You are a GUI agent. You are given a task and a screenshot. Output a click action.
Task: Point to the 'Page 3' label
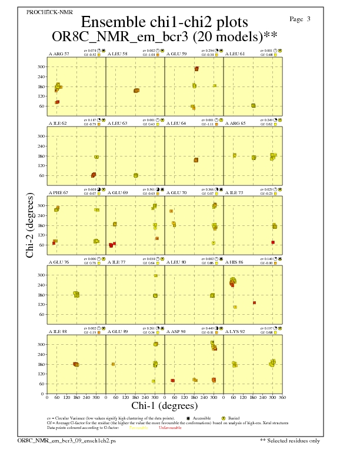pos(300,19)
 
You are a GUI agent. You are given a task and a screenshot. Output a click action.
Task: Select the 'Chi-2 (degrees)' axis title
pos(29,225)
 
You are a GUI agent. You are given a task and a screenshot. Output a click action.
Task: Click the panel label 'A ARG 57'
pos(59,54)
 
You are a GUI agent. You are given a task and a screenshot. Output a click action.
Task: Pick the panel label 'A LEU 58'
pos(118,54)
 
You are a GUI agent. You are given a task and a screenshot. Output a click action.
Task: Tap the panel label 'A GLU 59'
pos(177,54)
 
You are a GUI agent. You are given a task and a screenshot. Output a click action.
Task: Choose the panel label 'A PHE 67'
pos(59,192)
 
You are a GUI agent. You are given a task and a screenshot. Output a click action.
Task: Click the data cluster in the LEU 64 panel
pos(196,160)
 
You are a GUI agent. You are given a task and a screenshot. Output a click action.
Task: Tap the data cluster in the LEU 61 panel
pos(254,105)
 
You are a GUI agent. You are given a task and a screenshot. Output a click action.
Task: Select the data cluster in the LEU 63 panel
pos(136,175)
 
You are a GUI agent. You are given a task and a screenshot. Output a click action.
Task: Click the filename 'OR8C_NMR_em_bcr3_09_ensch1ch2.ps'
pos(66,440)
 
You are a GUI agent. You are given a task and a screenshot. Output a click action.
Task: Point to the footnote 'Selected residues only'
pos(294,440)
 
